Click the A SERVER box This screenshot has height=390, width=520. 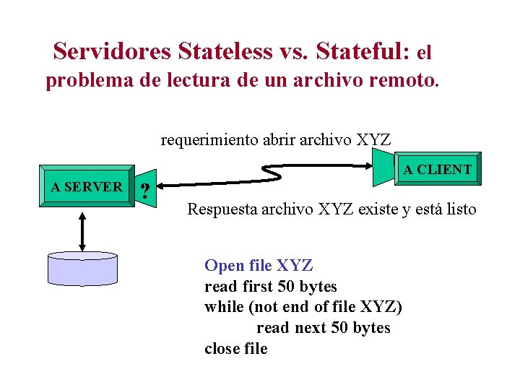[x=87, y=187]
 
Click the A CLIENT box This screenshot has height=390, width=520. [x=437, y=170]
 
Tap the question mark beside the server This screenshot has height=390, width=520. [x=146, y=191]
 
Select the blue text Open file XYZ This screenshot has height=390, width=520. [x=259, y=266]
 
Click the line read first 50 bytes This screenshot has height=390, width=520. [x=271, y=287]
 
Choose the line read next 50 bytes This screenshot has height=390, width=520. [x=323, y=328]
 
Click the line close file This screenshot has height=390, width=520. [x=236, y=349]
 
